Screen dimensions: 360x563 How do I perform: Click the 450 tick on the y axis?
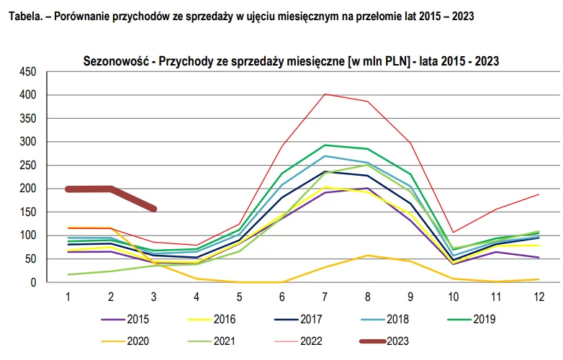[27, 71]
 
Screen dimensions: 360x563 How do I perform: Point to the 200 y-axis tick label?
[27, 189]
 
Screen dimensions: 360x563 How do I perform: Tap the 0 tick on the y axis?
[32, 282]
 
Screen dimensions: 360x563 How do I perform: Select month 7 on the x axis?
[325, 296]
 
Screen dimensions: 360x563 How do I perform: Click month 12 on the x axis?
[539, 296]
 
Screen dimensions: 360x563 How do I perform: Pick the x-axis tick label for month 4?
[197, 296]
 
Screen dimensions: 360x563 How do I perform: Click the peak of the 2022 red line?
[325, 94]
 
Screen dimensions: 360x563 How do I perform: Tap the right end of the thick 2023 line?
[154, 209]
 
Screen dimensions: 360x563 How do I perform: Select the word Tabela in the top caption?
[24, 16]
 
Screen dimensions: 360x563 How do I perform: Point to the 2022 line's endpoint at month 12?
[539, 194]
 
